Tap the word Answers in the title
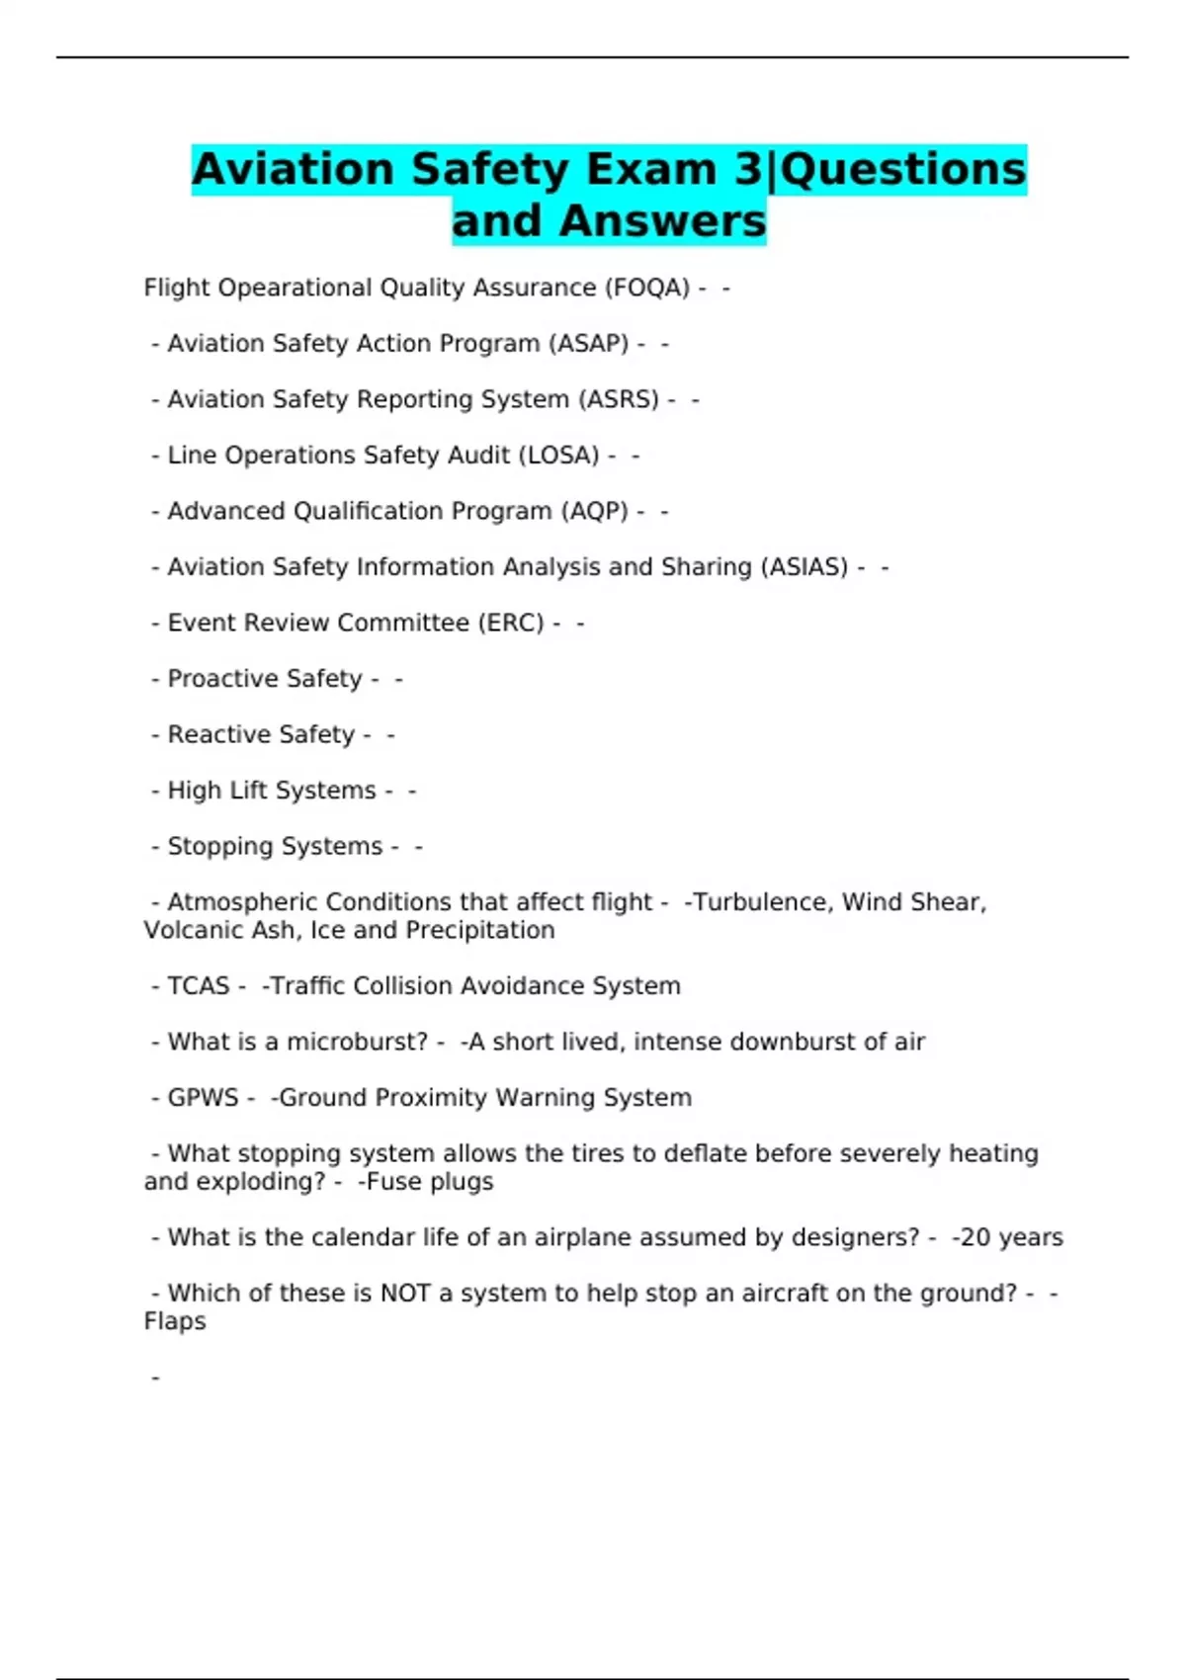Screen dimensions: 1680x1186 coord(662,221)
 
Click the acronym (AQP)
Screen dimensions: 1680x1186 coord(594,511)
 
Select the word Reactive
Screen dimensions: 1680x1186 coord(211,734)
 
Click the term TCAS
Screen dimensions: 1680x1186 coord(198,986)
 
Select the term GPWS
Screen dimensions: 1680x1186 coord(203,1098)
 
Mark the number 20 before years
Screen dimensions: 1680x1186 coord(975,1237)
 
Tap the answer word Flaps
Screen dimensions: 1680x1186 coord(175,1322)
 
